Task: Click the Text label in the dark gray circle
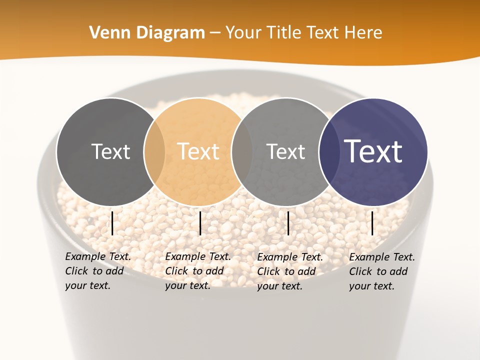[x=110, y=151]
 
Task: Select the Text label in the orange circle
[x=198, y=151]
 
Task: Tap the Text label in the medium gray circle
[x=285, y=151]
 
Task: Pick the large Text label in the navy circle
[x=373, y=151]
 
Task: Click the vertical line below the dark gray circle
[x=112, y=223]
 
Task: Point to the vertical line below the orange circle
[x=200, y=223]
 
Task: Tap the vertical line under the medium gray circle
[x=288, y=223]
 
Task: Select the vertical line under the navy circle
[x=372, y=223]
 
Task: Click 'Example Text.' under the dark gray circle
[x=98, y=256]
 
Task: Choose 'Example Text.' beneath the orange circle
[x=198, y=256]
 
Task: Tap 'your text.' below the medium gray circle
[x=279, y=286]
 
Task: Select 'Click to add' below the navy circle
[x=378, y=271]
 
